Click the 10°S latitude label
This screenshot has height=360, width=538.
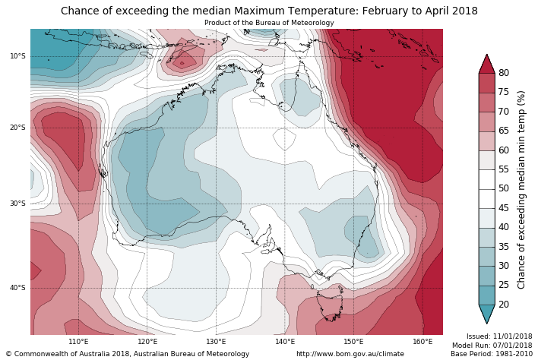point(17,56)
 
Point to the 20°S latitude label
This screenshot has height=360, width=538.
point(17,128)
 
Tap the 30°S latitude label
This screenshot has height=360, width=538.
point(17,204)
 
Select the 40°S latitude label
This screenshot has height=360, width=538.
point(17,288)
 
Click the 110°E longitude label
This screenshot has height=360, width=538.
point(78,342)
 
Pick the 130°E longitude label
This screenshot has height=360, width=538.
point(216,342)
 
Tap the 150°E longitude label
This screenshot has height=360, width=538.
point(353,342)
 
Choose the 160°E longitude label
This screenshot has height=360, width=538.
point(422,342)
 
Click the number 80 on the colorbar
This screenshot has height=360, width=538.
point(504,73)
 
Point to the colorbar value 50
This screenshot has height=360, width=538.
point(504,188)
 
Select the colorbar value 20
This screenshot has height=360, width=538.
point(504,305)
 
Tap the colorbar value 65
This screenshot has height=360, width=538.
point(504,131)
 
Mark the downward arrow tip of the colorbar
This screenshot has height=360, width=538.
point(486,323)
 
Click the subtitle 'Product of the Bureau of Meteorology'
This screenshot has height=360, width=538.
point(269,23)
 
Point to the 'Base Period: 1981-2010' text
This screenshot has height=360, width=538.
point(491,354)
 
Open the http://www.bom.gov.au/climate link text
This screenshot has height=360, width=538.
point(350,354)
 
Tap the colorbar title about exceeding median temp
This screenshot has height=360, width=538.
point(521,189)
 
